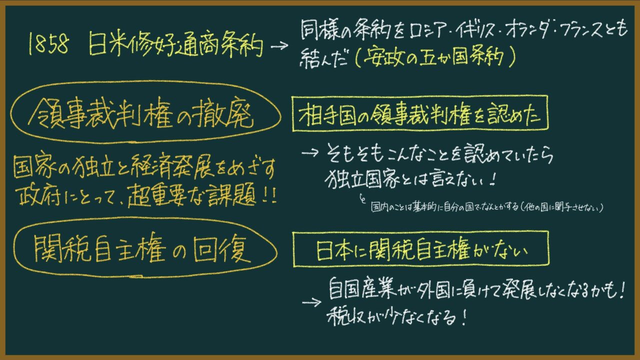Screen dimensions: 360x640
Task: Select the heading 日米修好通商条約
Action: point(175,45)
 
